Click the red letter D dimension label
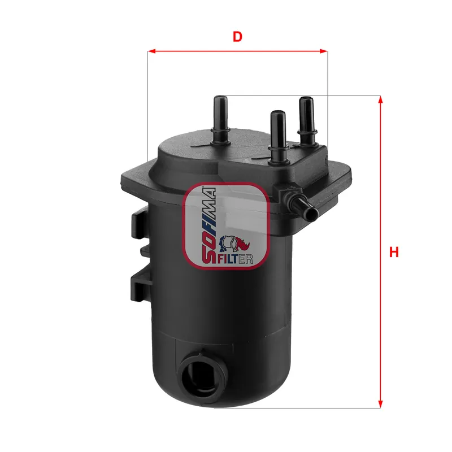coord(238,37)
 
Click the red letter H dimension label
coord(394,252)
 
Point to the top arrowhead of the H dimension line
coord(381,100)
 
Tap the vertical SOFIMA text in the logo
coord(207,226)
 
